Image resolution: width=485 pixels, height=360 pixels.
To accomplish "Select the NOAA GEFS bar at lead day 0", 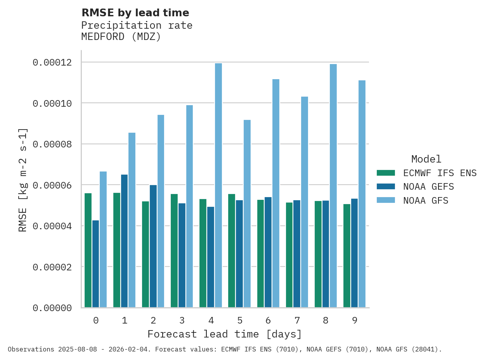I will (x=95, y=264).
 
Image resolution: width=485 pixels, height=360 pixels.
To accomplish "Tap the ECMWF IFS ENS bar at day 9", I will (x=347, y=256).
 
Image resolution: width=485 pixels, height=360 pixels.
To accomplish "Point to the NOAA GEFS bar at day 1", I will (x=124, y=241).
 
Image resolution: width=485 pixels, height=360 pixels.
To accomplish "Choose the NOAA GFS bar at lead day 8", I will (x=333, y=186).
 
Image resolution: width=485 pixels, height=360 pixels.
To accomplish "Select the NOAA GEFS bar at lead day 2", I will (x=153, y=246).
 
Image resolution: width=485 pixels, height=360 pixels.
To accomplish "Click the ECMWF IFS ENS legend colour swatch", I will (x=386, y=173).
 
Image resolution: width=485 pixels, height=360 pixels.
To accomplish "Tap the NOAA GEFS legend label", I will (x=428, y=187).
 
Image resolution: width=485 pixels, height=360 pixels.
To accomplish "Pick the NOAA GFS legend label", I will (x=426, y=201).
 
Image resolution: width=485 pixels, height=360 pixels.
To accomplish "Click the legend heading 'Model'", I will (x=426, y=159).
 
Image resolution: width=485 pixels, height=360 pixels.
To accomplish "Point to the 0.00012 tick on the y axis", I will (x=52, y=62).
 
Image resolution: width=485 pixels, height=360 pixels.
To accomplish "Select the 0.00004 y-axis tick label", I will (x=52, y=226).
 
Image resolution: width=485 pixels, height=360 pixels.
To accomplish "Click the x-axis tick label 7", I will (x=297, y=320).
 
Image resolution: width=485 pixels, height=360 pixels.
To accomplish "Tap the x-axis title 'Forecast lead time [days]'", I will (x=225, y=334).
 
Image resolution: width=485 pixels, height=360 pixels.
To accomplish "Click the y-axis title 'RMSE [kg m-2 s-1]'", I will (x=23, y=180).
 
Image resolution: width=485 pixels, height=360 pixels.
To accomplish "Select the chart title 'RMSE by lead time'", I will (x=135, y=13).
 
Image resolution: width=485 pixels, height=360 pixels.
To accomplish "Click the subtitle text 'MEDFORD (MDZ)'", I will (x=121, y=37).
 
